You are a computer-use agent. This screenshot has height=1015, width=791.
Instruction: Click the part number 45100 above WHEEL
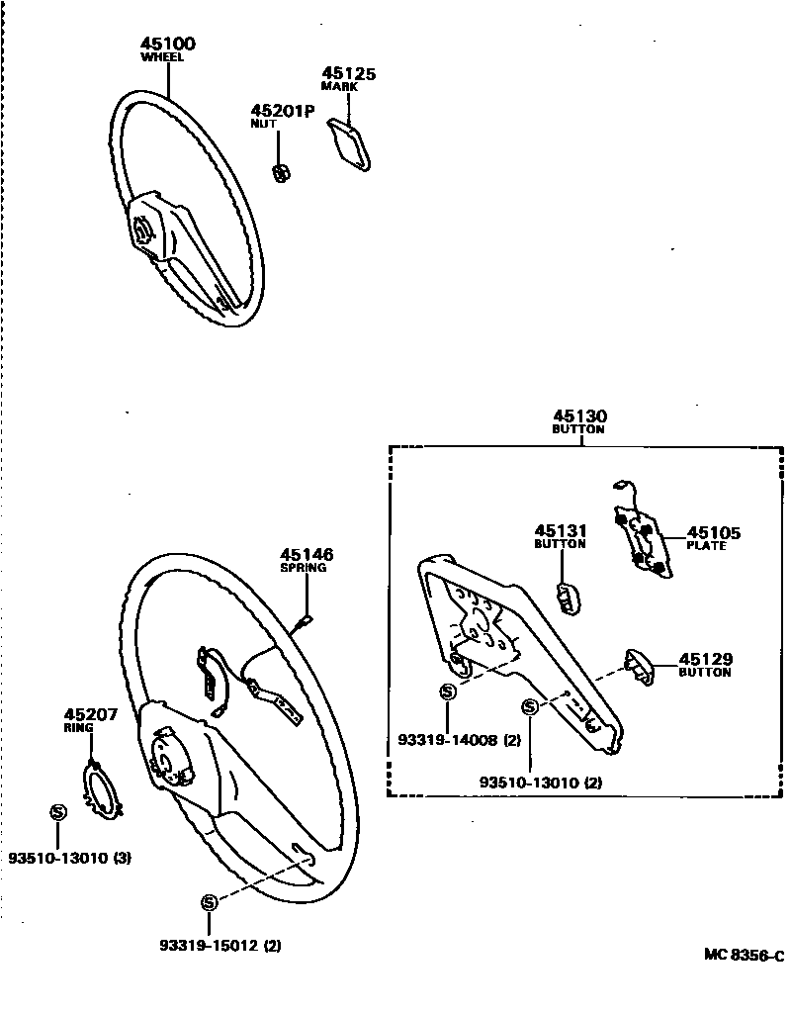pyautogui.click(x=168, y=44)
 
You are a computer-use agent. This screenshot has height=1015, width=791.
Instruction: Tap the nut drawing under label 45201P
pyautogui.click(x=281, y=171)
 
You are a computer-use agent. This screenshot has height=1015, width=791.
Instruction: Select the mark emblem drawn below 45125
pyautogui.click(x=352, y=144)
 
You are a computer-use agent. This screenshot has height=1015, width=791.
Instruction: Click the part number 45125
pyautogui.click(x=348, y=73)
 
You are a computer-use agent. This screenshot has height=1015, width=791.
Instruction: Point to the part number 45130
pyautogui.click(x=579, y=416)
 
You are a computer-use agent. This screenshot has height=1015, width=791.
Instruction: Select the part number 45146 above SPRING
pyautogui.click(x=307, y=555)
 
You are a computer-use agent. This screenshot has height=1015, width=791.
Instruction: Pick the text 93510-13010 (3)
pyautogui.click(x=69, y=858)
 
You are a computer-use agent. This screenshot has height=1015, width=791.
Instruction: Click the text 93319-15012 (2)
pyautogui.click(x=220, y=945)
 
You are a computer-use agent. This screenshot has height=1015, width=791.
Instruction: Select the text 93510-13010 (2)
pyautogui.click(x=541, y=782)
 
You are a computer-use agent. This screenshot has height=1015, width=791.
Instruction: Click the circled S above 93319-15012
pyautogui.click(x=208, y=902)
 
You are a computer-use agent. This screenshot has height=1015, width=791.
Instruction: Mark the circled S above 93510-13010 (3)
pyautogui.click(x=56, y=812)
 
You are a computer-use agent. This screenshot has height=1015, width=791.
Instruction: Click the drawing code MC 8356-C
pyautogui.click(x=744, y=955)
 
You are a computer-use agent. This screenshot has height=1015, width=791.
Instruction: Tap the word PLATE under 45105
pyautogui.click(x=706, y=545)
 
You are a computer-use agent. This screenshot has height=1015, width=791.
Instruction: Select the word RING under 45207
pyautogui.click(x=78, y=727)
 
